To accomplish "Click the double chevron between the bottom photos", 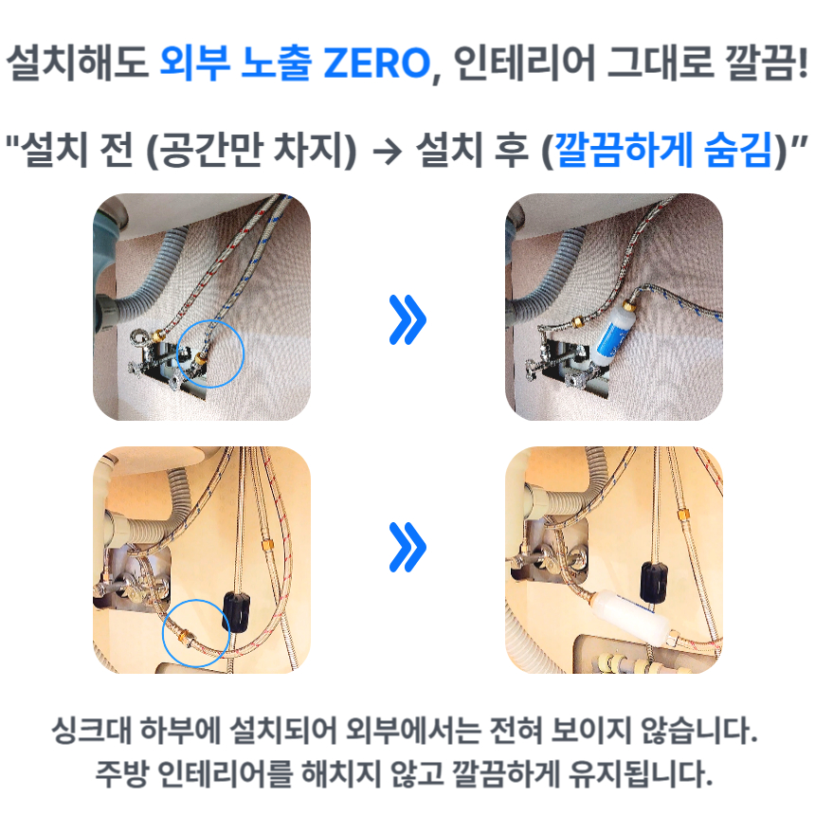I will click(x=407, y=548).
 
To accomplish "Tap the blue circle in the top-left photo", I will click(x=210, y=352).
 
